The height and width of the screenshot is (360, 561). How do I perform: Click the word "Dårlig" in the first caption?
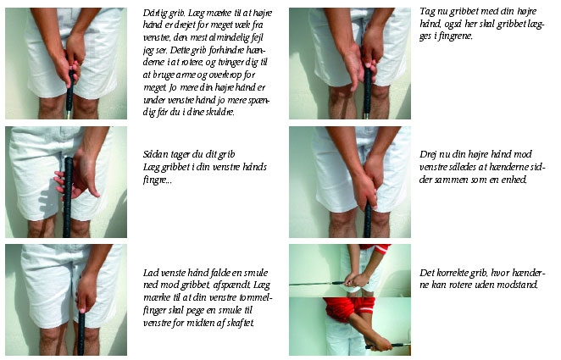154,13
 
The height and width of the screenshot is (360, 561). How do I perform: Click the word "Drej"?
427,154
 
